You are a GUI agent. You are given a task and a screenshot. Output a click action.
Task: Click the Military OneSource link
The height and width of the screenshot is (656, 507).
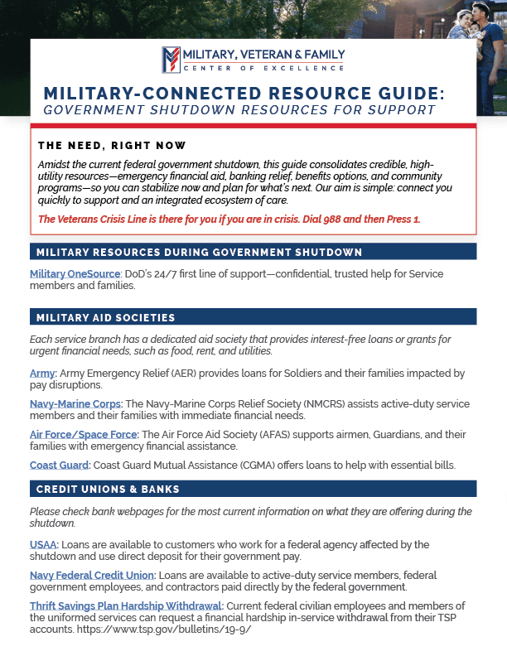pos(64,273)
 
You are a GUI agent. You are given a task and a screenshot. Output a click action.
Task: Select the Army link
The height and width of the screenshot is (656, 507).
pos(42,374)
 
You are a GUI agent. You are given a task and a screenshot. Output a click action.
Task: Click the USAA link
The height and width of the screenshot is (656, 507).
pos(43,544)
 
